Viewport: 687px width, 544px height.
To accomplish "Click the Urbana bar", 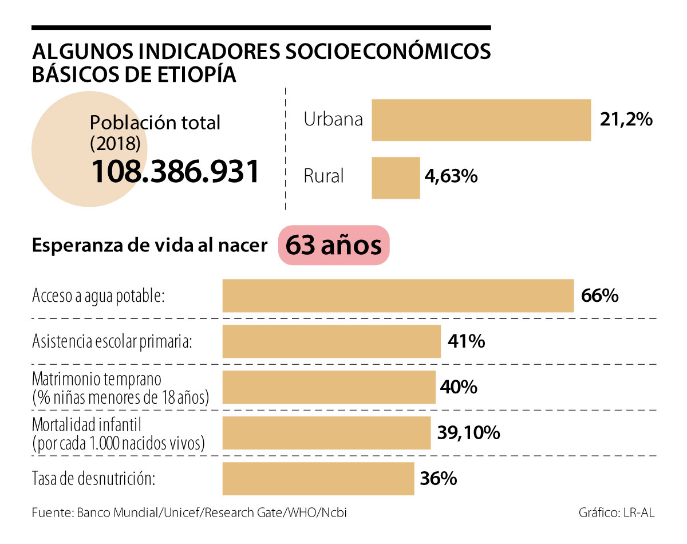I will click(x=481, y=120).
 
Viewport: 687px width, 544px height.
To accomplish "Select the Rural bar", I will click(x=396, y=178).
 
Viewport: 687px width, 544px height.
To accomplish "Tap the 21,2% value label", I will click(x=626, y=120).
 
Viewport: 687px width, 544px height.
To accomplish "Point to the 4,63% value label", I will click(x=451, y=177).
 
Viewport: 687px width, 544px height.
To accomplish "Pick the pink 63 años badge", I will click(x=334, y=245).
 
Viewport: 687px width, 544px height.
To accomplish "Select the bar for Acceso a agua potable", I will click(x=398, y=295).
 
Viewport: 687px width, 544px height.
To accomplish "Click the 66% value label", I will click(x=599, y=295).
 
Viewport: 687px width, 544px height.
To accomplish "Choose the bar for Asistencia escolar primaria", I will click(x=331, y=341).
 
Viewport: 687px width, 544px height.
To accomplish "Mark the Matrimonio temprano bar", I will click(x=329, y=387).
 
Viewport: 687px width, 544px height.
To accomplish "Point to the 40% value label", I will click(x=459, y=387).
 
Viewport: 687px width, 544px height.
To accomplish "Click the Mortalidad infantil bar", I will click(x=326, y=433).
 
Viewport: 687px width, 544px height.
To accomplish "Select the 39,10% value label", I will click(x=469, y=433).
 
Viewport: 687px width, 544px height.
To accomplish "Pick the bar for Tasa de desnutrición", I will click(x=318, y=479).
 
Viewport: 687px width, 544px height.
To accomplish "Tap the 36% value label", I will click(x=438, y=478).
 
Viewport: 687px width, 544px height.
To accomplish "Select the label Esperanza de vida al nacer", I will click(x=150, y=245).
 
